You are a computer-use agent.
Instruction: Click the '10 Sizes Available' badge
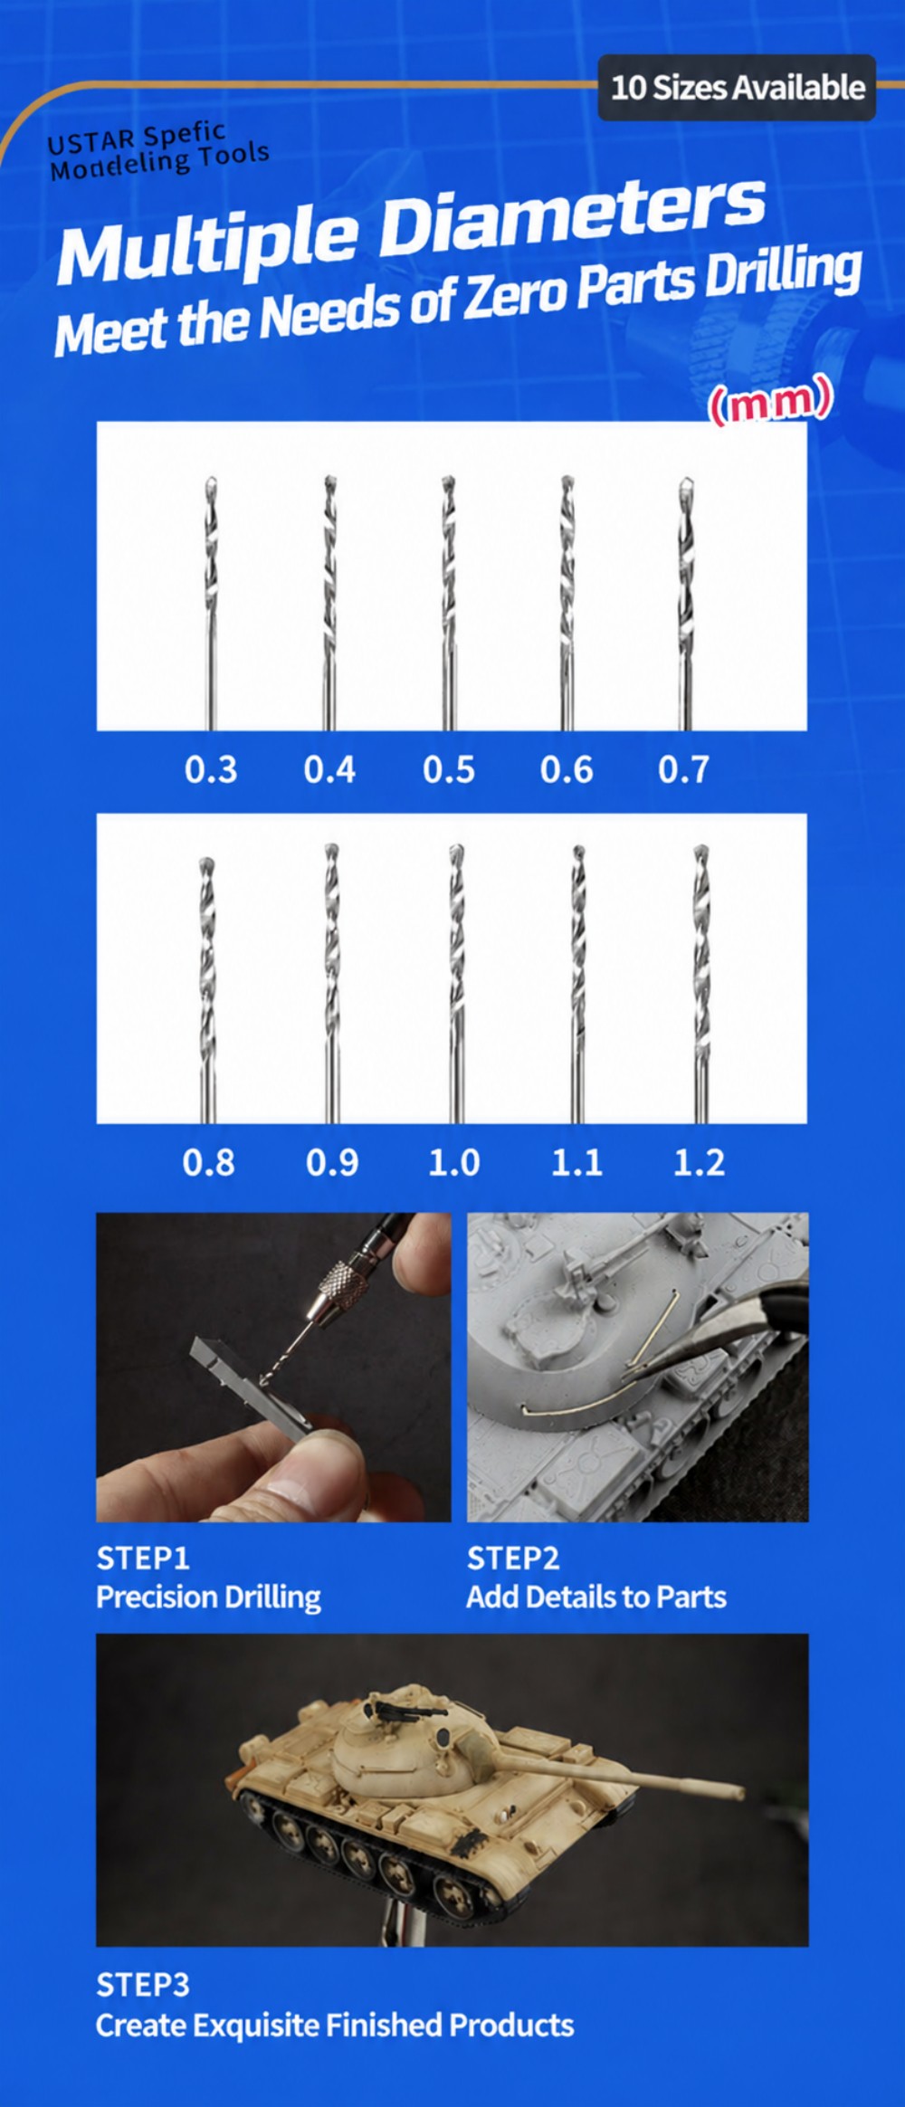click(737, 88)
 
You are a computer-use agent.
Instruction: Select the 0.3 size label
click(211, 770)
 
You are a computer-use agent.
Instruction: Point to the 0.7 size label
click(684, 770)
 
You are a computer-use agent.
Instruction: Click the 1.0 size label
click(454, 1162)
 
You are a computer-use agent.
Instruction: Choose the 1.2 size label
click(700, 1162)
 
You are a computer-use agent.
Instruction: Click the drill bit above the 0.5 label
click(448, 603)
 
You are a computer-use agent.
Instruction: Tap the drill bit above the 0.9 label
click(332, 984)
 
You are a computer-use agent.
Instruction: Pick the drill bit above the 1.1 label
click(578, 984)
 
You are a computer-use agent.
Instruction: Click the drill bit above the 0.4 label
click(330, 603)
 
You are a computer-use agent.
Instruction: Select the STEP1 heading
click(143, 1559)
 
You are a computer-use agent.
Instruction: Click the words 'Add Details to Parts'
click(596, 1597)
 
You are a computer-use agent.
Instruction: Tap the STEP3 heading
click(143, 1985)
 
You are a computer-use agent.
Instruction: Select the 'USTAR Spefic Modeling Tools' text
click(158, 151)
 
